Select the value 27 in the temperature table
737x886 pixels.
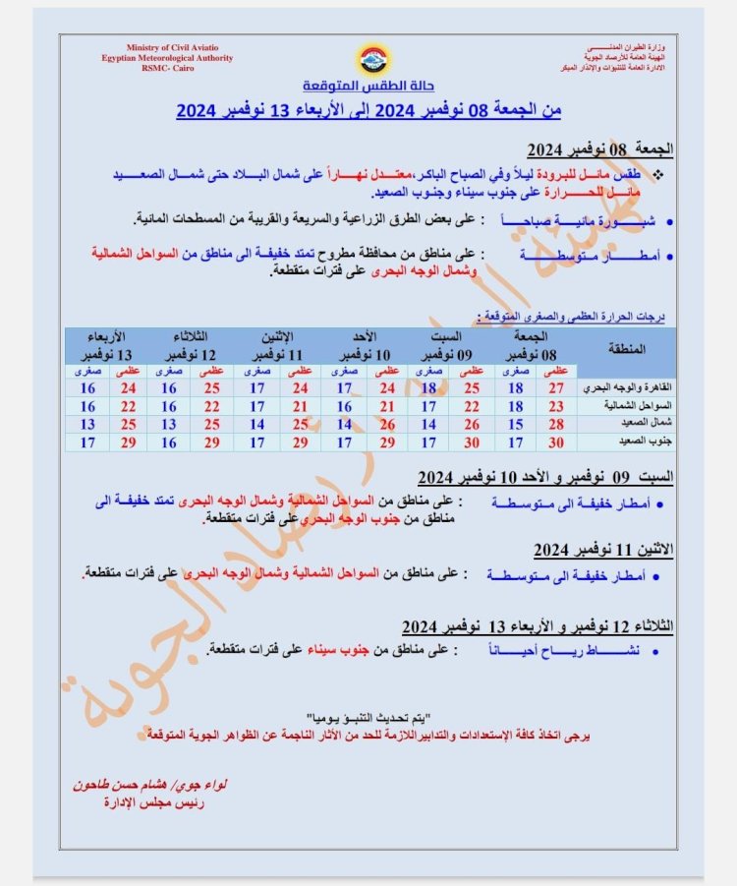pyautogui.click(x=556, y=388)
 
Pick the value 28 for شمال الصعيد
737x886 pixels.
pyautogui.click(x=556, y=424)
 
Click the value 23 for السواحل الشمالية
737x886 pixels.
pyautogui.click(x=556, y=406)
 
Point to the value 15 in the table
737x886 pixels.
pyautogui.click(x=514, y=424)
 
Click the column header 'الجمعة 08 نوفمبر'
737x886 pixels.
pyautogui.click(x=536, y=345)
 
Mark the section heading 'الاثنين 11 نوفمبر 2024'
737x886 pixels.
pyautogui.click(x=603, y=550)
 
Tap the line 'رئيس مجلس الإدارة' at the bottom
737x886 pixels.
pyautogui.click(x=152, y=803)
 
